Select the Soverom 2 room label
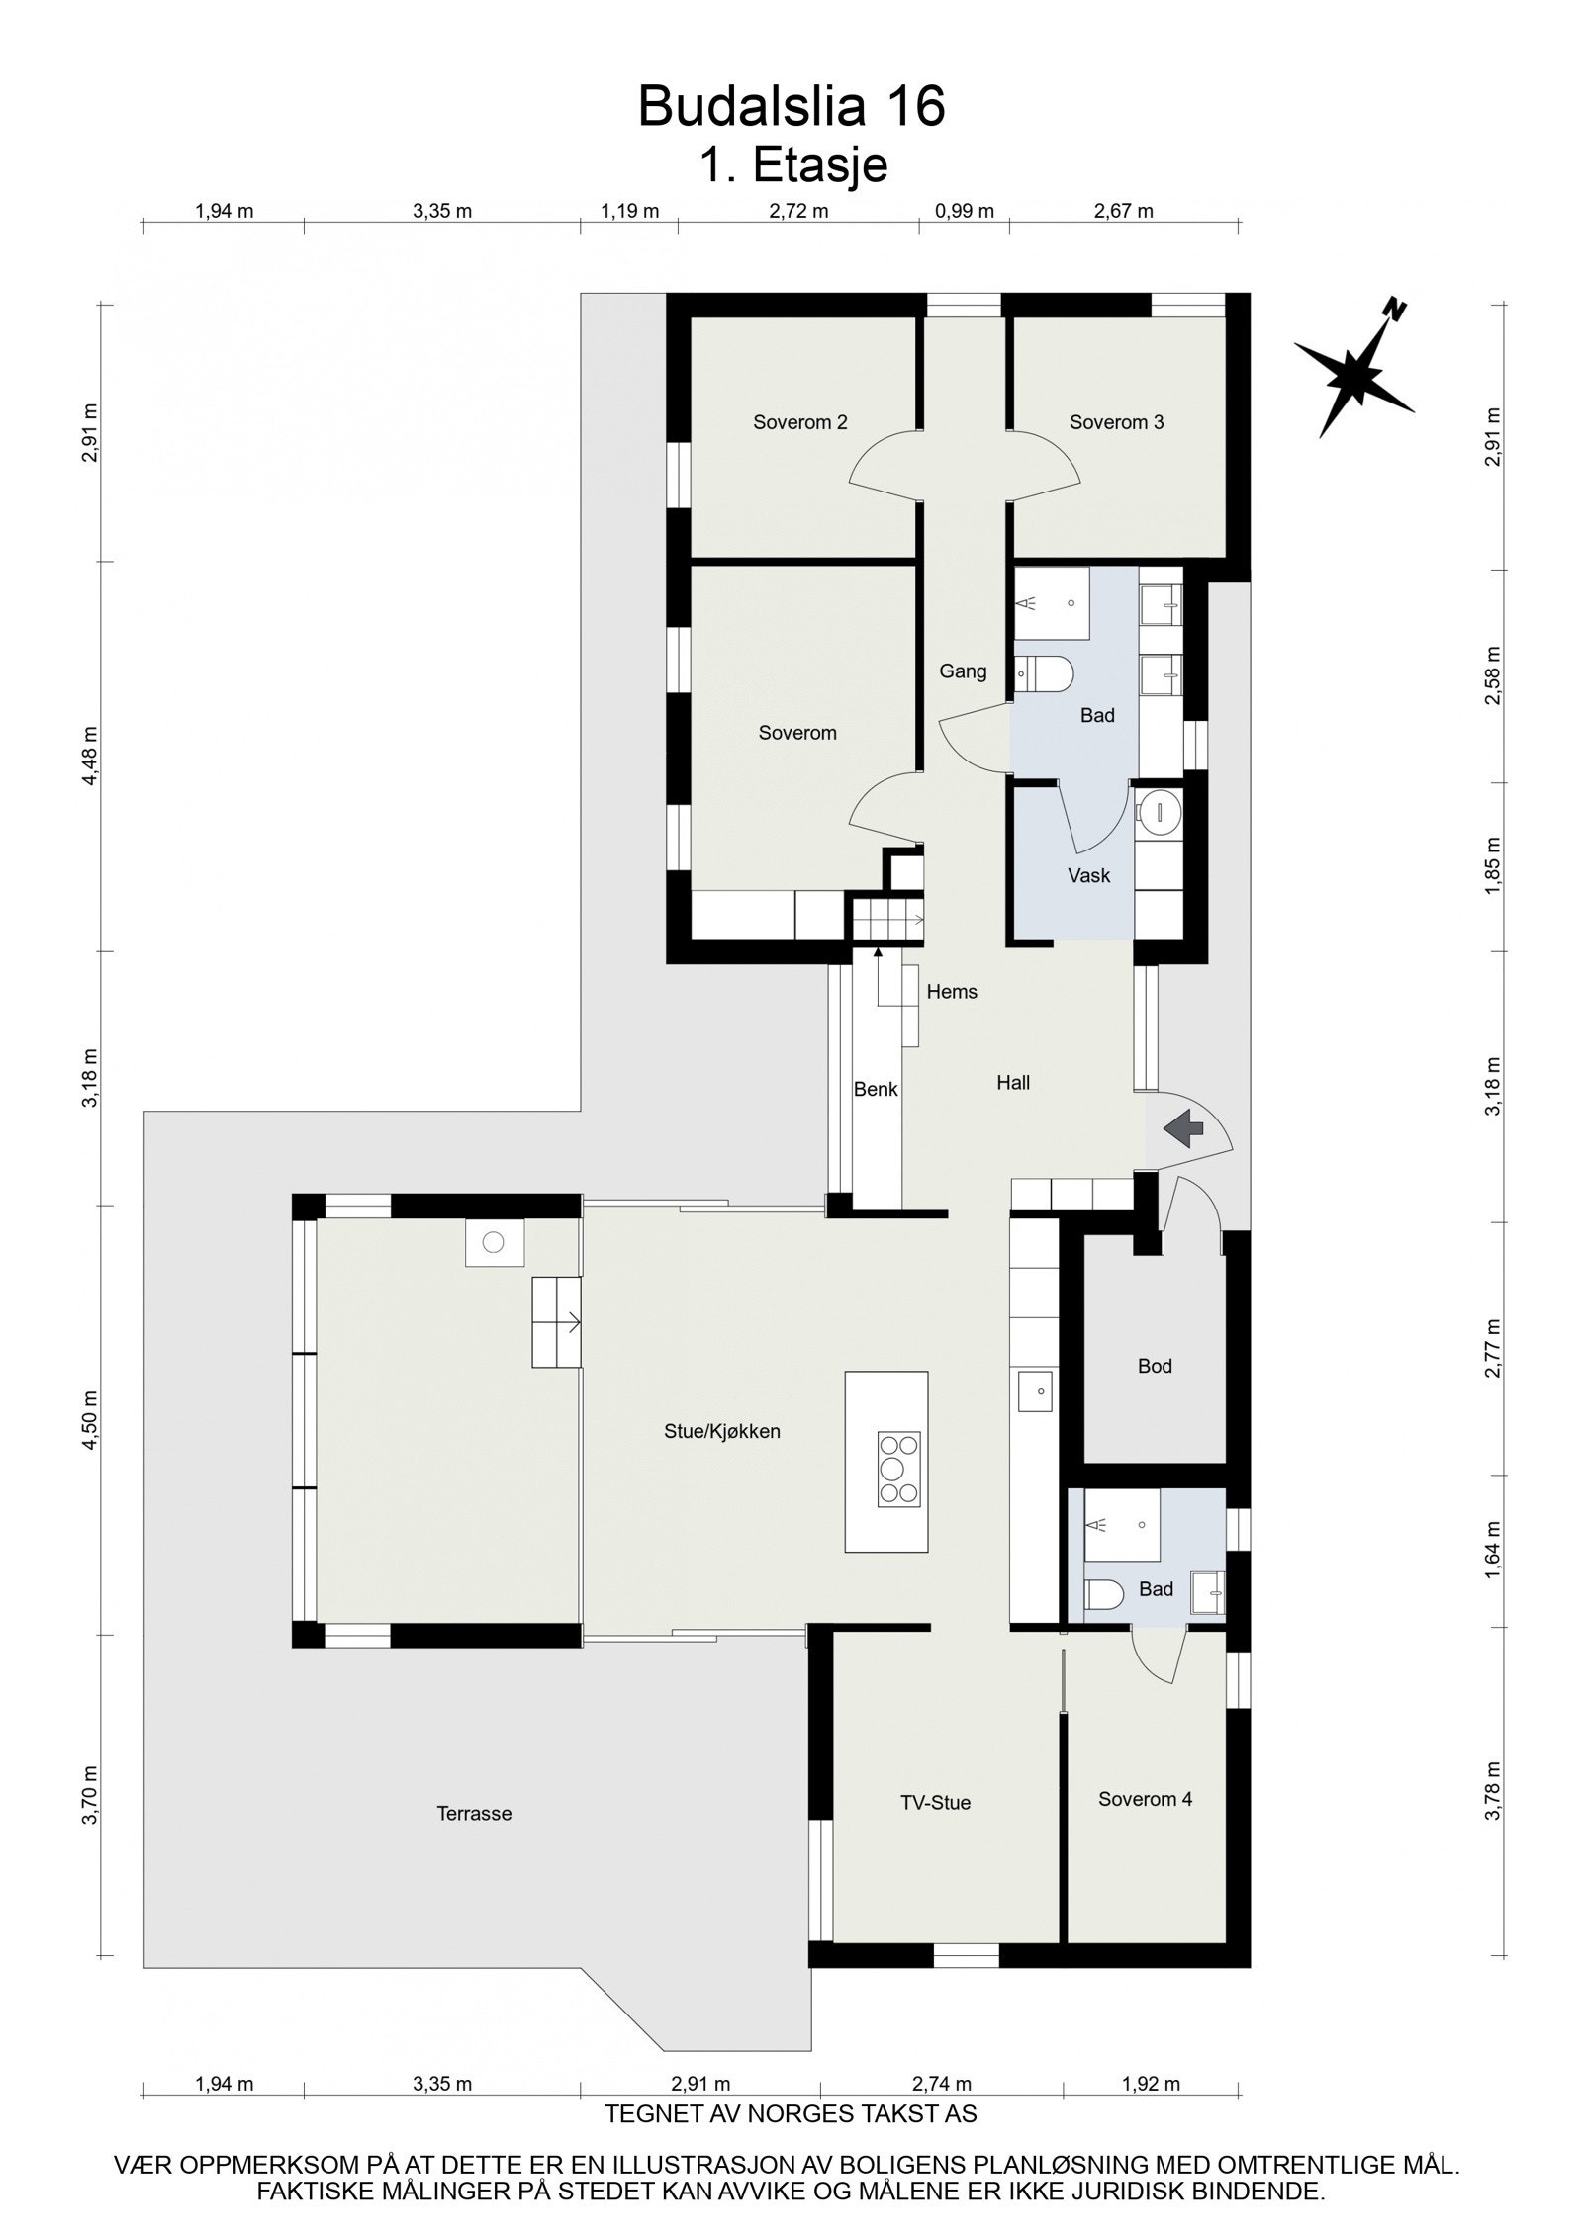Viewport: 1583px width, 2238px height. click(x=799, y=422)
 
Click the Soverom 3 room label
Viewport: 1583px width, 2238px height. click(x=1116, y=422)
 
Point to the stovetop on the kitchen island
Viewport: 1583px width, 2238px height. click(x=898, y=1469)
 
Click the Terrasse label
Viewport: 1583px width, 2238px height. click(x=474, y=1813)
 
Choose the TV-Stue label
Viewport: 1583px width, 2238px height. click(x=935, y=1803)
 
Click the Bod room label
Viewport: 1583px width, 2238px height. click(x=1155, y=1366)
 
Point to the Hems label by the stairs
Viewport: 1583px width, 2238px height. click(x=952, y=992)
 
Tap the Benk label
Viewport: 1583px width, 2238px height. click(x=876, y=1089)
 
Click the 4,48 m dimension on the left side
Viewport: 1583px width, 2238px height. click(x=91, y=756)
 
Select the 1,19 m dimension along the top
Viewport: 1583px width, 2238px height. click(x=630, y=211)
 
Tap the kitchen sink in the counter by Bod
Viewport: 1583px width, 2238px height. click(x=1034, y=1390)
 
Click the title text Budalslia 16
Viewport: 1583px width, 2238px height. click(x=791, y=106)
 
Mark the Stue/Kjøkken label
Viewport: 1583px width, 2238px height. click(x=722, y=1431)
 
